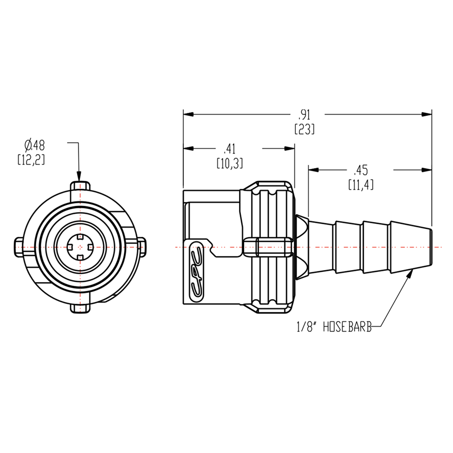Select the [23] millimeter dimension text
pyautogui.click(x=304, y=130)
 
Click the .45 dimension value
pyautogui.click(x=361, y=170)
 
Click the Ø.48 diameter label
pyautogui.click(x=35, y=145)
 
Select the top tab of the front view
pyautogui.click(x=80, y=186)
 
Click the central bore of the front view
pyautogui.click(x=80, y=246)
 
